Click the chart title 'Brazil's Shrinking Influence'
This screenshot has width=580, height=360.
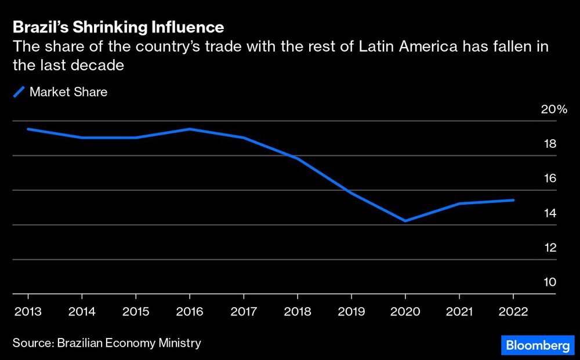click(x=118, y=27)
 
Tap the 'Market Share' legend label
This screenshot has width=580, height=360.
click(x=68, y=92)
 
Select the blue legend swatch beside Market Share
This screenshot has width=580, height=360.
click(x=19, y=92)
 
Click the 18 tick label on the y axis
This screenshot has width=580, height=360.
click(x=549, y=144)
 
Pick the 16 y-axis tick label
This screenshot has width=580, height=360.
click(x=549, y=179)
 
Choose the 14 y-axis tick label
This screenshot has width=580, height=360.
click(x=549, y=213)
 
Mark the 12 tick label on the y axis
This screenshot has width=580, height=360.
click(x=549, y=248)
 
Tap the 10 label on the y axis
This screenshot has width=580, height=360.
click(x=549, y=282)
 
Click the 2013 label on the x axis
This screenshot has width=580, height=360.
click(x=27, y=312)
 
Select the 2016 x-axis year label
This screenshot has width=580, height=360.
click(x=190, y=312)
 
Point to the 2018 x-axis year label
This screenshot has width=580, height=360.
click(x=298, y=312)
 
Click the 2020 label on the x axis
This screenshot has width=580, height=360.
click(x=405, y=312)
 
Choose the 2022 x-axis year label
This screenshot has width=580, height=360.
click(x=513, y=312)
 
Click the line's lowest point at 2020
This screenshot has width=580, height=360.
click(x=405, y=221)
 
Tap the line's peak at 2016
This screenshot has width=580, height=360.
click(x=190, y=129)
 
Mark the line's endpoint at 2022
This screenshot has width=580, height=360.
click(x=513, y=200)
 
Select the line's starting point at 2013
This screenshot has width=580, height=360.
click(x=28, y=129)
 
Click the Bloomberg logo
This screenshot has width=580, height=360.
click(x=538, y=346)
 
